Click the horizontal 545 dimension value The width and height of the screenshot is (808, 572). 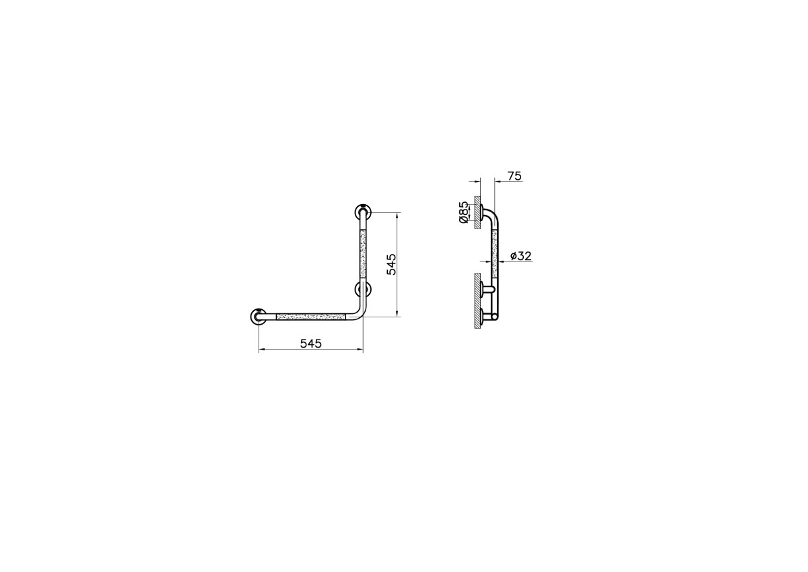(310, 343)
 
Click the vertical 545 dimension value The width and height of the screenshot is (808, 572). (391, 265)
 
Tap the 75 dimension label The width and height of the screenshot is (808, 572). (514, 176)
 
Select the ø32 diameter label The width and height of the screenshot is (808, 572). (521, 256)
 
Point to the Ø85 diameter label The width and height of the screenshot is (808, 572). (464, 212)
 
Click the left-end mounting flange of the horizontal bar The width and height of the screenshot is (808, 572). (259, 317)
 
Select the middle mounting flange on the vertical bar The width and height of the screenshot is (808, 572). (362, 288)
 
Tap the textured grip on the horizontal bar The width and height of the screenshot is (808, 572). (311, 317)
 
